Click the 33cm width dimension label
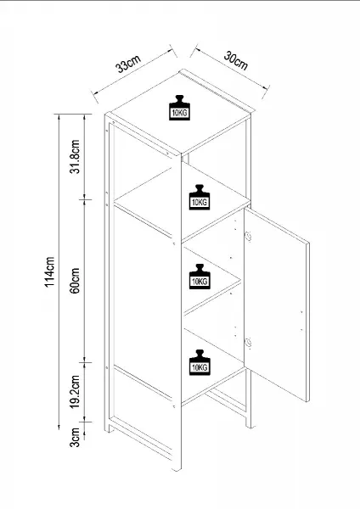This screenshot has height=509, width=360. tap(128, 64)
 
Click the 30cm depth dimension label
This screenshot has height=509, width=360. tap(236, 61)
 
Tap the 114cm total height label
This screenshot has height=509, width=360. tap(50, 271)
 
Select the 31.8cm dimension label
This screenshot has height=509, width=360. tap(75, 156)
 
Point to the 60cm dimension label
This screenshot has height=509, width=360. tap(75, 281)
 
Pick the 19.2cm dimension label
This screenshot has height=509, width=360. tap(75, 392)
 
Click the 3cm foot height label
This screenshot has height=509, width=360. tap(75, 437)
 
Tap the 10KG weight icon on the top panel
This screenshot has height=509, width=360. tap(179, 108)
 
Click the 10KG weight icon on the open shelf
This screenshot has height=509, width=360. tap(200, 197)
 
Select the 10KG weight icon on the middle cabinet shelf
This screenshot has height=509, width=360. tap(200, 277)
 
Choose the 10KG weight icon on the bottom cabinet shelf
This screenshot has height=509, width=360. tap(200, 362)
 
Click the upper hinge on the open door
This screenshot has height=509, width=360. tap(248, 236)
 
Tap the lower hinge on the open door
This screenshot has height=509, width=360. tap(248, 342)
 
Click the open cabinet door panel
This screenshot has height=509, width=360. tap(277, 305)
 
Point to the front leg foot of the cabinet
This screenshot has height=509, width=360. tap(177, 465)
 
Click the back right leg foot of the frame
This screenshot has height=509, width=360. tap(249, 422)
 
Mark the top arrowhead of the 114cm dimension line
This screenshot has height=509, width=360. tap(59, 117)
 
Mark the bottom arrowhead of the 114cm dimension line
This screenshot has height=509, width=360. tap(59, 426)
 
